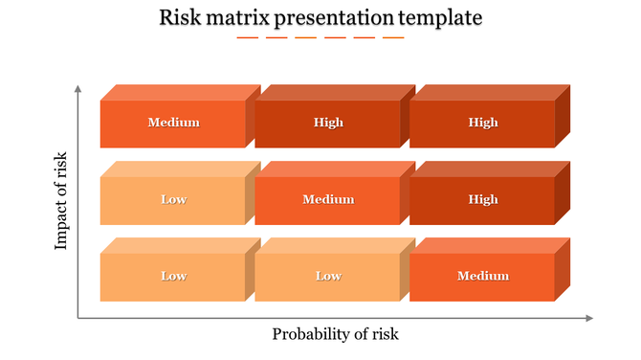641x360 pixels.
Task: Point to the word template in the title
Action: coord(442,18)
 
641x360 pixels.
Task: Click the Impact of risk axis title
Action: coord(61,200)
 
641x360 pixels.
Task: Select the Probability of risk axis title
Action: coord(335,334)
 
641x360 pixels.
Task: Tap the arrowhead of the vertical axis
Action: coord(77,89)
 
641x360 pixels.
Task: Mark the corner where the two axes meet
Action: coord(77,318)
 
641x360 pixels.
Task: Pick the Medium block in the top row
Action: coord(173,123)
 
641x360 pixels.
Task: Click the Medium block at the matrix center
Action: coord(328,199)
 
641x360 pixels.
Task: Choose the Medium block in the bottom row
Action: coord(482,276)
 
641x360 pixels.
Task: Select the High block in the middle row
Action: coord(482,199)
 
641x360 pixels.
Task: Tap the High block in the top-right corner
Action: coord(482,123)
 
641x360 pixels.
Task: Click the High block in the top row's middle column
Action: coord(328,123)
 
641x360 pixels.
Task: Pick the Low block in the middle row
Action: coord(173,199)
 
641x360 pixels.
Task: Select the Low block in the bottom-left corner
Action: coord(173,276)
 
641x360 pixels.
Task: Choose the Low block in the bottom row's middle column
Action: coord(328,276)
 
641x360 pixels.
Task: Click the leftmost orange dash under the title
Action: coord(247,38)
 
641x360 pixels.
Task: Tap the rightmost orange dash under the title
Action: coord(393,38)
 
